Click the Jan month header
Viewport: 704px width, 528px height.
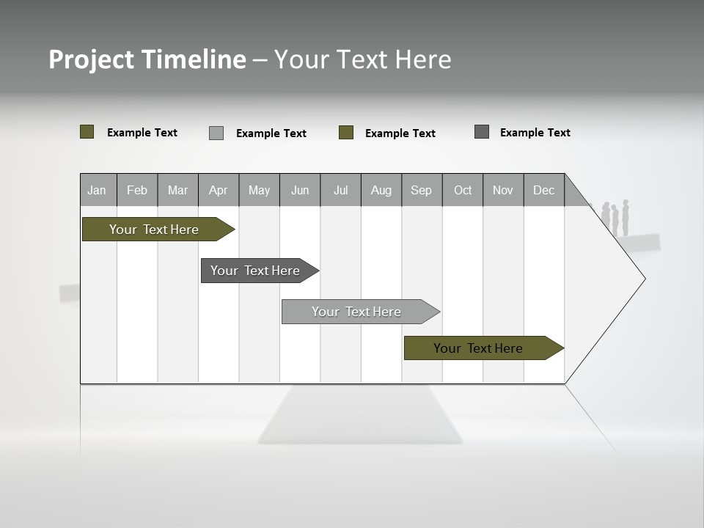[x=98, y=190]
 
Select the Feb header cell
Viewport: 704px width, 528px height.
[x=137, y=190]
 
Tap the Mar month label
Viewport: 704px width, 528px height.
[x=177, y=190]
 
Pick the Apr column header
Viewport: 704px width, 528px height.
[x=219, y=190]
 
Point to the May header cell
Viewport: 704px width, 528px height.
[x=259, y=190]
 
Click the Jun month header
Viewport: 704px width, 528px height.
[x=300, y=190]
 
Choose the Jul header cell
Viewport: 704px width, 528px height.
[x=340, y=190]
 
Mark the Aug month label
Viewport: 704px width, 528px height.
[x=381, y=190]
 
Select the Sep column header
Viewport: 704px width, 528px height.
[x=422, y=190]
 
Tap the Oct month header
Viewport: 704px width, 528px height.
[x=463, y=190]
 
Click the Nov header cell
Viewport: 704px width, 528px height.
[x=503, y=190]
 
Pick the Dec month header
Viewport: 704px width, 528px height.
[x=544, y=190]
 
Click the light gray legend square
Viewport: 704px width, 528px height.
[x=216, y=133]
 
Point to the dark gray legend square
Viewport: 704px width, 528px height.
[x=482, y=132]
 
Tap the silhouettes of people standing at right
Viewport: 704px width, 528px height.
[x=616, y=218]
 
